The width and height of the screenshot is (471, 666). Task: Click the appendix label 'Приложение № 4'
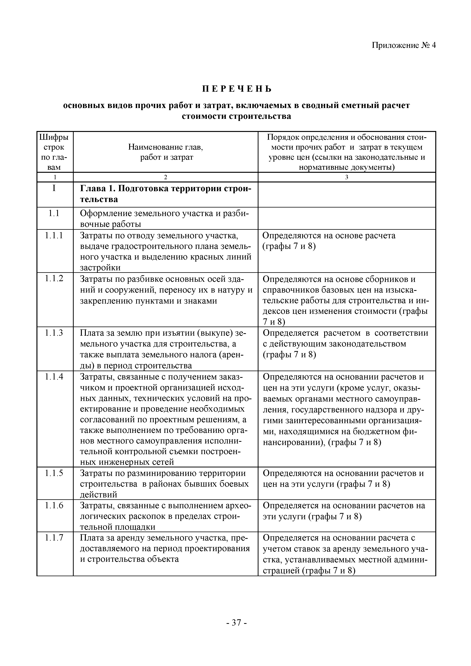point(404,46)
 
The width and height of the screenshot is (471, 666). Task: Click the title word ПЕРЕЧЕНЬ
point(237,89)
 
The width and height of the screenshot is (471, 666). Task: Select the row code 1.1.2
point(54,279)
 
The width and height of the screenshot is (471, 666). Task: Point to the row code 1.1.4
point(54,377)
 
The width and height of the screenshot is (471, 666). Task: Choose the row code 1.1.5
point(54,473)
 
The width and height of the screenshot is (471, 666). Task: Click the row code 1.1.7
point(54,538)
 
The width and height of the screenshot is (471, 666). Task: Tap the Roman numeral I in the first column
point(54,189)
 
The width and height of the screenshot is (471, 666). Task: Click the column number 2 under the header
point(165,177)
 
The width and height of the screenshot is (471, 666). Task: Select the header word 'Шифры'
point(54,137)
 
